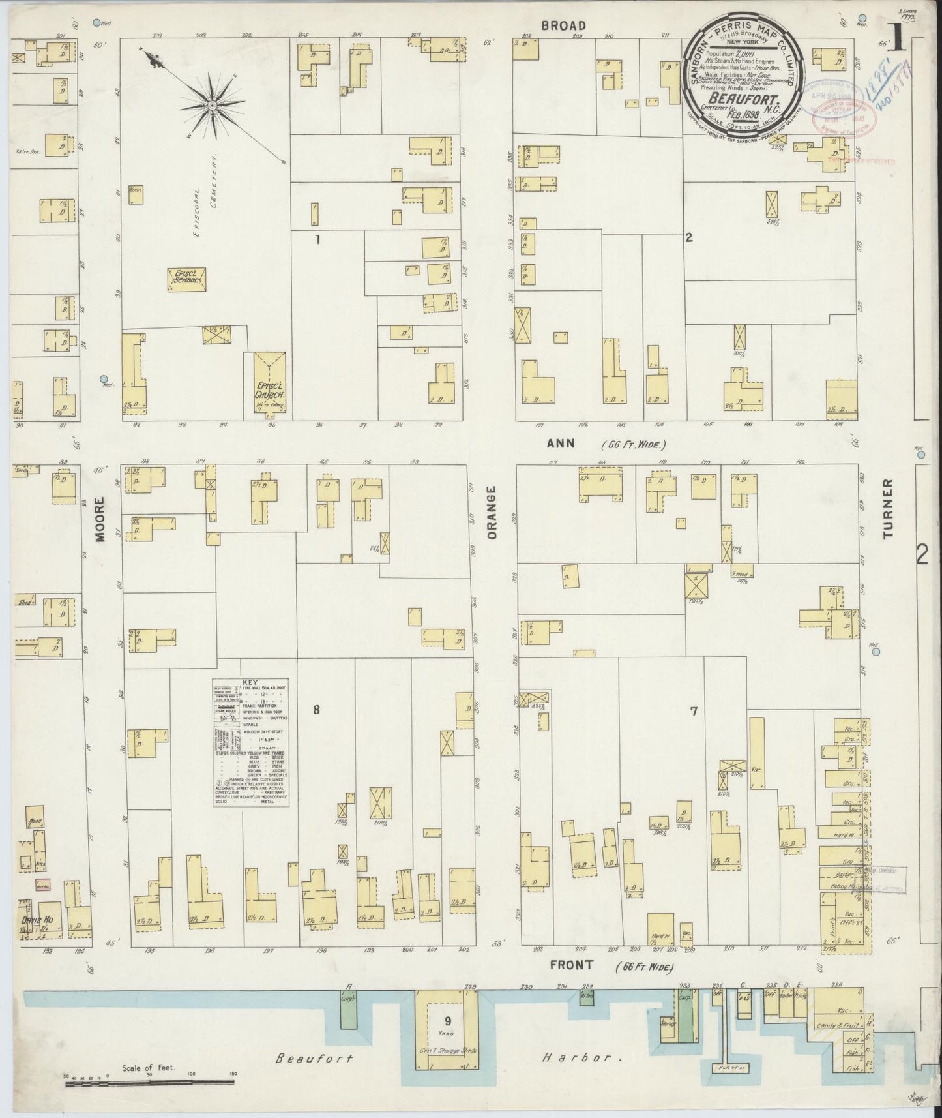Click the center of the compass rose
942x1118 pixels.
tap(213, 104)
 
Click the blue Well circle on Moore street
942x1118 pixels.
tap(103, 379)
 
